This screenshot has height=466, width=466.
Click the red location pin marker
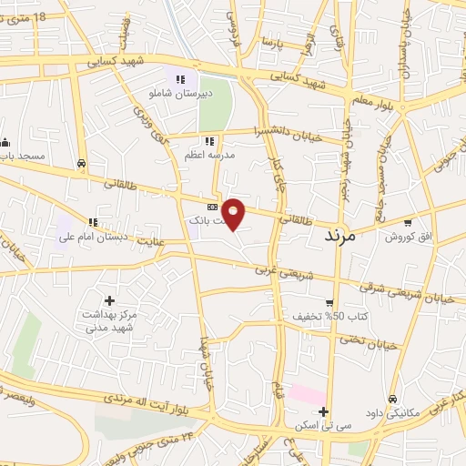click(x=234, y=213)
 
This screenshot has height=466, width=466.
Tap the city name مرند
click(x=343, y=234)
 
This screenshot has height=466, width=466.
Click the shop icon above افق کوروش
click(x=409, y=222)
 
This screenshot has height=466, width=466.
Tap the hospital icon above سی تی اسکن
click(x=324, y=411)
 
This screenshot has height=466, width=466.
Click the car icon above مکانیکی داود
click(x=392, y=399)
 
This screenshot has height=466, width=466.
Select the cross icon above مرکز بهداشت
click(x=109, y=300)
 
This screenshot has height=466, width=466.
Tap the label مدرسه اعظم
click(x=209, y=155)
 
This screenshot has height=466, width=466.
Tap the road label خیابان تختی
click(x=363, y=340)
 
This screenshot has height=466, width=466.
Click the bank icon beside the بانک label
click(x=213, y=208)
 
